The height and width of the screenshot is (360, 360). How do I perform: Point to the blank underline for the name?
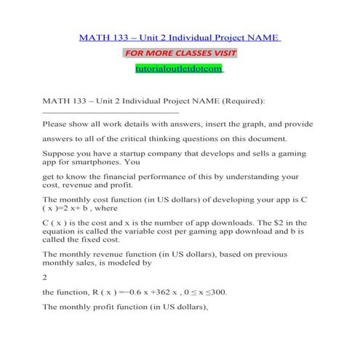tap(111, 113)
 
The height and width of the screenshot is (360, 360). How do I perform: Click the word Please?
tap(57, 124)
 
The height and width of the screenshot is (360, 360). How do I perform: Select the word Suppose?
tap(61, 154)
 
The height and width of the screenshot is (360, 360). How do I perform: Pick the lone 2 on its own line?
tap(46, 276)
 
